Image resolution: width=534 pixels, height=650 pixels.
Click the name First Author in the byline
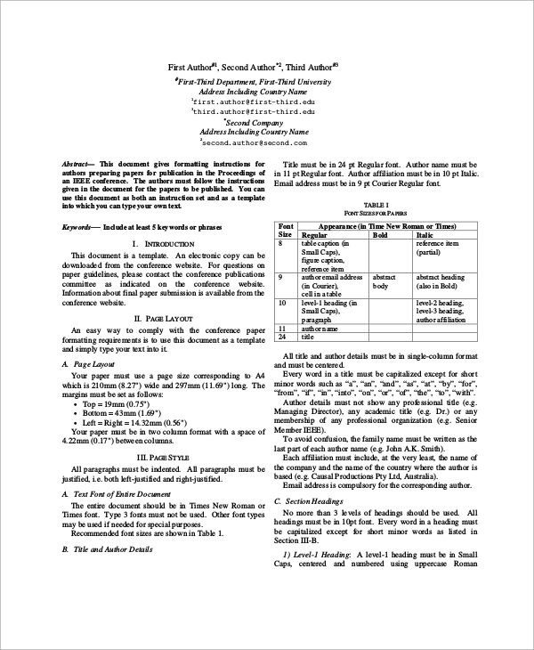click(x=192, y=68)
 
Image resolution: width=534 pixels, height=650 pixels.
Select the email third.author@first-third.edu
click(x=254, y=112)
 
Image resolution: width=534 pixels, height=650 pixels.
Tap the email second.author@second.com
click(x=254, y=142)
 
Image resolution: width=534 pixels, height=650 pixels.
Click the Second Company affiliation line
click(x=253, y=122)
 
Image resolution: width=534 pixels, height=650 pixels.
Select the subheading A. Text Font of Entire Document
click(x=116, y=493)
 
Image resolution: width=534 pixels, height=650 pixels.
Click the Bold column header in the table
click(x=379, y=235)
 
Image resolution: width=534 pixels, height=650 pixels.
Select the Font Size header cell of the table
click(x=286, y=231)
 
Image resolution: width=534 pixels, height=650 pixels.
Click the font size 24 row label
click(x=283, y=337)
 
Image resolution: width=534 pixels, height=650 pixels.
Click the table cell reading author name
click(x=322, y=329)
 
